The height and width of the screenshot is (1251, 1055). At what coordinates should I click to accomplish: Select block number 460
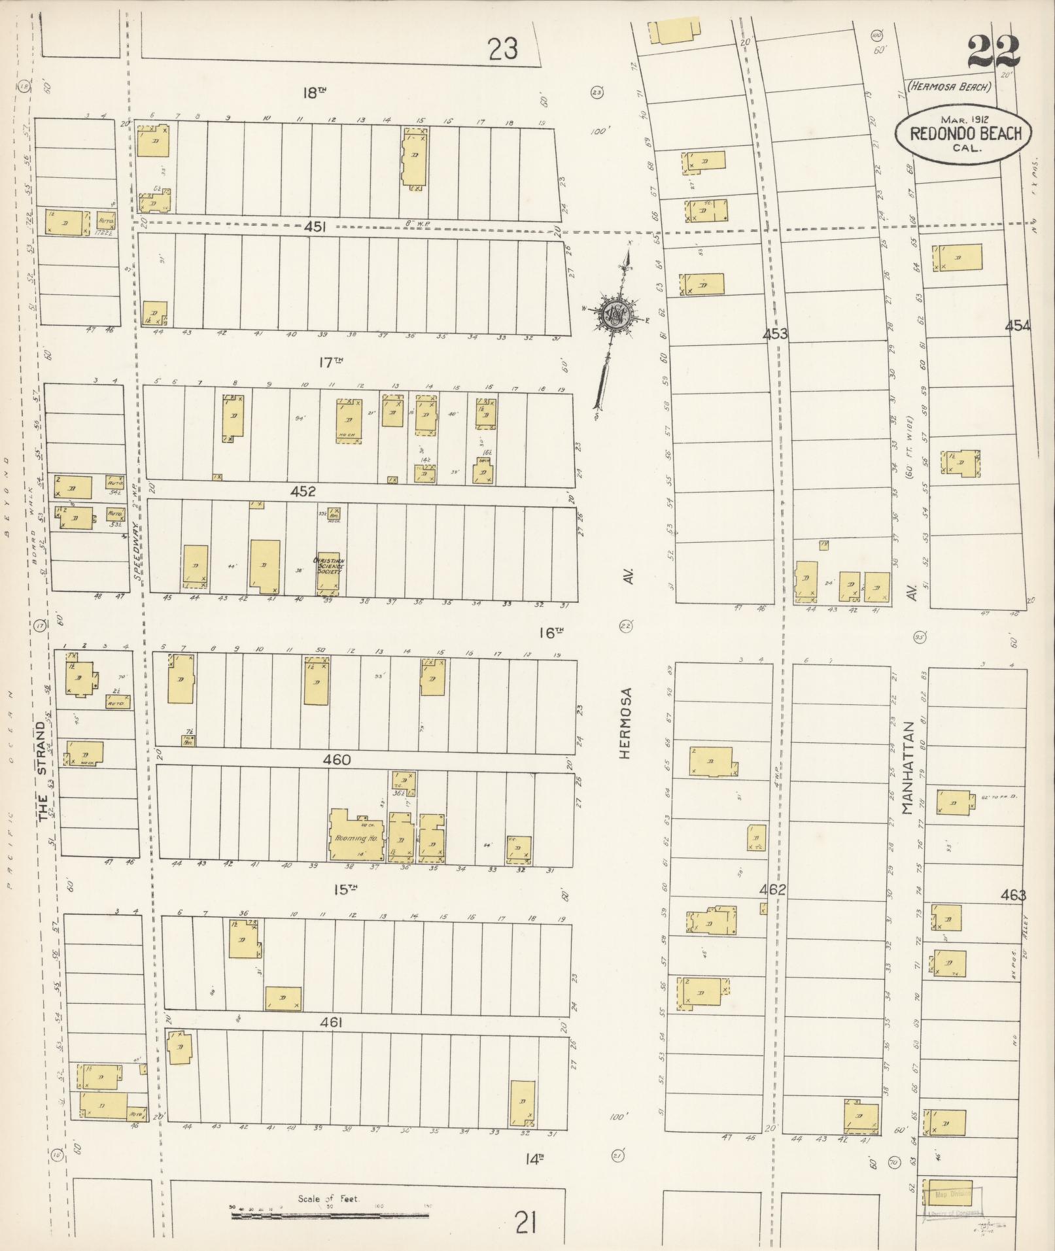[337, 760]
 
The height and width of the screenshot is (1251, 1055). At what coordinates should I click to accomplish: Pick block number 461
[332, 1022]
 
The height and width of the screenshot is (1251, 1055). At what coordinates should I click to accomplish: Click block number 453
[775, 334]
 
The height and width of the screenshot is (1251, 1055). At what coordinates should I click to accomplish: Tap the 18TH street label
[314, 93]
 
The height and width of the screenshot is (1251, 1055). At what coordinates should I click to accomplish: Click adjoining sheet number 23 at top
[503, 49]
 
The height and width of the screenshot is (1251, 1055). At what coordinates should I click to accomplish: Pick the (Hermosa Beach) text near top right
[950, 86]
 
